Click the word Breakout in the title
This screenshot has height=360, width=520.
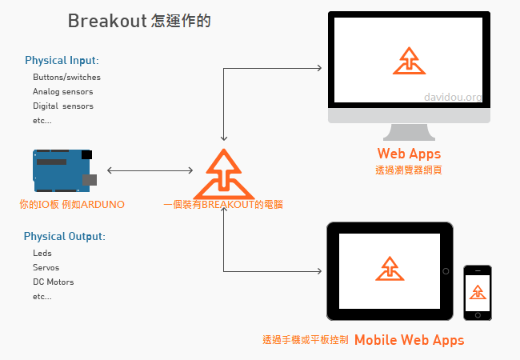coord(106,21)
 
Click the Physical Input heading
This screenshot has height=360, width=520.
coord(62,60)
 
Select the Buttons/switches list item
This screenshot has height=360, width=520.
coord(66,78)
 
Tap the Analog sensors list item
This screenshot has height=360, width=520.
coord(62,92)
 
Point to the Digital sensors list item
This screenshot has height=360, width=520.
coord(62,106)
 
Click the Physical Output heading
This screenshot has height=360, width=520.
coord(64,237)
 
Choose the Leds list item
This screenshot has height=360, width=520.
coord(42,254)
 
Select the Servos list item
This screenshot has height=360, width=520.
coord(46,268)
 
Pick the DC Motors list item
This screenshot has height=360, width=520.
coord(53,282)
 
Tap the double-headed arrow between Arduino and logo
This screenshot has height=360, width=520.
coord(150,170)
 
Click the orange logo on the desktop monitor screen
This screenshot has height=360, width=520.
coord(409,61)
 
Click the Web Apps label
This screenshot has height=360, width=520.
coord(409,153)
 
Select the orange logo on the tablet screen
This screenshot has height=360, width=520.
coord(390,270)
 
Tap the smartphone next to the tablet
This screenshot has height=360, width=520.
coord(478,293)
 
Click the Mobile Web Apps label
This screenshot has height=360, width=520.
coord(409,339)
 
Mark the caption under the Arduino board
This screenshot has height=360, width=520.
coord(72,204)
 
